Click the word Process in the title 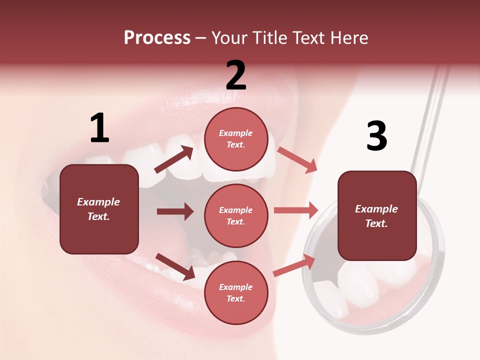(x=157, y=38)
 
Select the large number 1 (x=99, y=128)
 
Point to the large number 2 (x=236, y=75)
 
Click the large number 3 (x=376, y=136)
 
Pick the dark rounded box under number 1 (x=99, y=209)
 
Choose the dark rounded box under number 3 (x=377, y=216)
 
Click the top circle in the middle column (x=236, y=139)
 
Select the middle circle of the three (x=236, y=215)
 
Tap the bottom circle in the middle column (x=236, y=292)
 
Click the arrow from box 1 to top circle (x=174, y=160)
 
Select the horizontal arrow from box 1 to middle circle (x=175, y=211)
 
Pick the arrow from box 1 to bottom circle (x=175, y=266)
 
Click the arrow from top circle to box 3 (x=297, y=160)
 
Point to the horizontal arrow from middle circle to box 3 (x=296, y=210)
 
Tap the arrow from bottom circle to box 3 (x=294, y=265)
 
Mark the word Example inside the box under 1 (x=98, y=202)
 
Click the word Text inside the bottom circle (x=235, y=299)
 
